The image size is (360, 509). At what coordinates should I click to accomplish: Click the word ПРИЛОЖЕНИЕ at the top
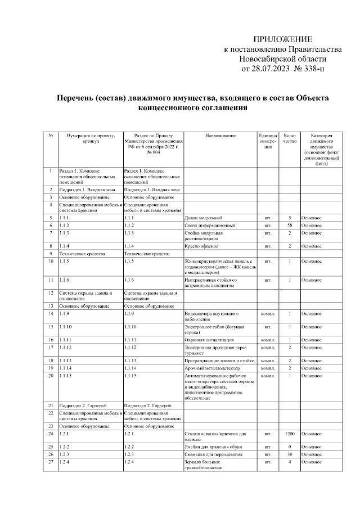point(282,39)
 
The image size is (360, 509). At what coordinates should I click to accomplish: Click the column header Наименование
point(217,136)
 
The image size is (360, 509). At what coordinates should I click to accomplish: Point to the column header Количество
point(290,139)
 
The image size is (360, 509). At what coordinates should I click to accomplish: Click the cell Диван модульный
point(203,217)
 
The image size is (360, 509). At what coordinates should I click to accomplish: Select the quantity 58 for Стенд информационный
point(290,225)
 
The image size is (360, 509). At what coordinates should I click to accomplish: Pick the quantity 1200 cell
point(290,434)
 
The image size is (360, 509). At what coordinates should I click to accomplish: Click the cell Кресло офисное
point(201,246)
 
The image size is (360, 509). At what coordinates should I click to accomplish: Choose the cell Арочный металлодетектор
point(210,368)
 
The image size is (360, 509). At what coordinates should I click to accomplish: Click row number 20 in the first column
point(51,375)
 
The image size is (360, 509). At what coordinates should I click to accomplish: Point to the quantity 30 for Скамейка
point(290,454)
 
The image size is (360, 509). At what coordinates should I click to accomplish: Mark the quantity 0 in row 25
point(290,446)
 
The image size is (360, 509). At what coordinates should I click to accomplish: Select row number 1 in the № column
point(51,170)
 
